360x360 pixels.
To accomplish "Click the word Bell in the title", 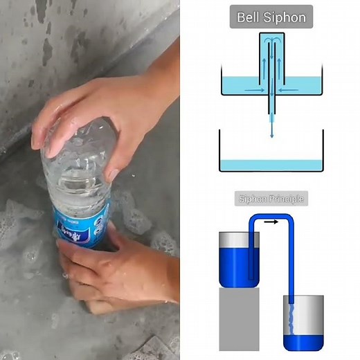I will tap(251, 17).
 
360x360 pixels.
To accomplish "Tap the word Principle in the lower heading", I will tap(285, 199).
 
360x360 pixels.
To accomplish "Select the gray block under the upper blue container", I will tap(239, 318).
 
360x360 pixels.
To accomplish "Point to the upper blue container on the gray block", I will tap(239, 259).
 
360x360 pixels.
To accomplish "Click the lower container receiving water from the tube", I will tap(303, 322).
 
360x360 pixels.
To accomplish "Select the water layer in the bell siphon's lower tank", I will tap(271, 165).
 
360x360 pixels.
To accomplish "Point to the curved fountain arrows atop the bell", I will tap(271, 44).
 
